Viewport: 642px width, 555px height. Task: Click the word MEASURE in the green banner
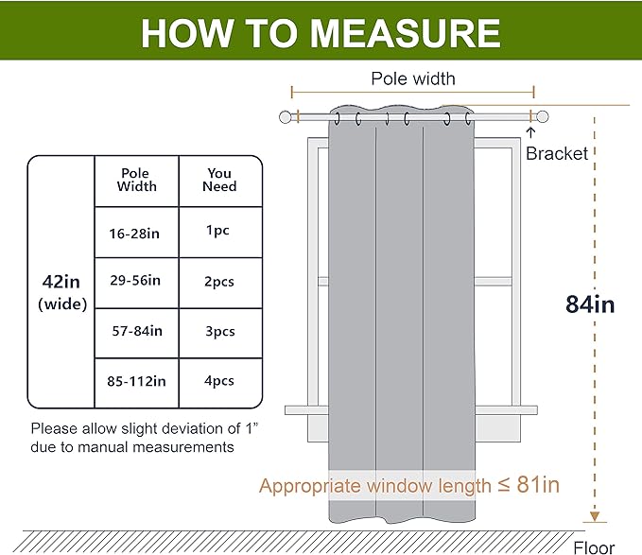click(405, 33)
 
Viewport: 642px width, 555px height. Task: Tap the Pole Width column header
click(136, 180)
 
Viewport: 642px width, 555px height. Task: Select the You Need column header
click(219, 180)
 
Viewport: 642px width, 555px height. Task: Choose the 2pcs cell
click(219, 282)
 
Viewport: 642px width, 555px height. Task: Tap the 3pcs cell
click(220, 332)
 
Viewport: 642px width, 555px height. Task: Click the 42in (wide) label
click(62, 292)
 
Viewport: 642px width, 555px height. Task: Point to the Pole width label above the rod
click(413, 78)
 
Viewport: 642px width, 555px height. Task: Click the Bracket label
click(557, 154)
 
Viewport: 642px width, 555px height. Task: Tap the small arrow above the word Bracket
click(530, 133)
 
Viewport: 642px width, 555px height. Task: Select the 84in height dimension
click(590, 304)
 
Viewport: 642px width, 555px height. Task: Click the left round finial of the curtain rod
click(285, 117)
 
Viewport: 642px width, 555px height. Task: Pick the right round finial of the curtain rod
click(542, 116)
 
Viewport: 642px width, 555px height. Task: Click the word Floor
click(594, 548)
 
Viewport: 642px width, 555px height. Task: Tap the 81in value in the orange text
click(538, 485)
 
